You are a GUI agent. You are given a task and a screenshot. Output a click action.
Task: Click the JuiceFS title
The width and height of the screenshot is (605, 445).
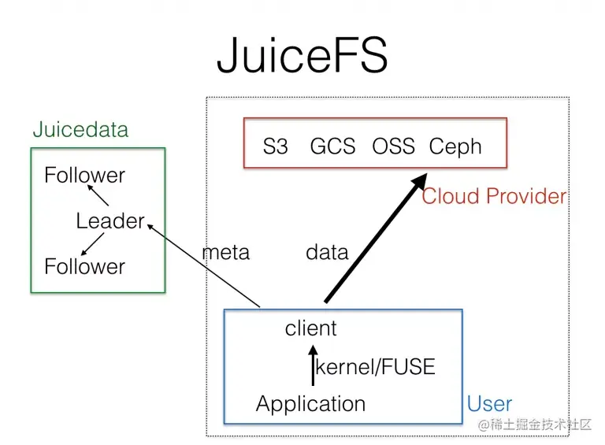(302, 56)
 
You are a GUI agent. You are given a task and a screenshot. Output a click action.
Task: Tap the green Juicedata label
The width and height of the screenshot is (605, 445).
(80, 130)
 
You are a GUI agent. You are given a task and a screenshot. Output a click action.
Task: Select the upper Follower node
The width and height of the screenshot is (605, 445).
(84, 175)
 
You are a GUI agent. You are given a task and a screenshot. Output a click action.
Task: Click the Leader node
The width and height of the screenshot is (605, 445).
(110, 221)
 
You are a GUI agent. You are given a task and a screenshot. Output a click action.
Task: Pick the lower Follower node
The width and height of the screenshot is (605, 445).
(84, 266)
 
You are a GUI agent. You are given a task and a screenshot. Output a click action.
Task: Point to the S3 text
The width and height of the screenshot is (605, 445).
(276, 146)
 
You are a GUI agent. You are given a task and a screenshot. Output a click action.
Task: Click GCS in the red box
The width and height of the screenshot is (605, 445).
(332, 146)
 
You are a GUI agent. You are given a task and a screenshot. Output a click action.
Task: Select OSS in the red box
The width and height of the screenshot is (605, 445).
(393, 146)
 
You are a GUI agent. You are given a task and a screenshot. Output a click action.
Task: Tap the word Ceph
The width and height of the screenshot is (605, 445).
(455, 146)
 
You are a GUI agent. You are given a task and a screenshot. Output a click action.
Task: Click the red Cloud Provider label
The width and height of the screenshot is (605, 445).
(494, 196)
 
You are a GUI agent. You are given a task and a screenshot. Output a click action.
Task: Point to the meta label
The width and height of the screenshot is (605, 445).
(226, 252)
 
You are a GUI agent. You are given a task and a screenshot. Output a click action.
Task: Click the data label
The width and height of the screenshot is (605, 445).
(327, 252)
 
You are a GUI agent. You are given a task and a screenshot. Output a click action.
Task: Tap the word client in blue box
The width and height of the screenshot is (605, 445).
(310, 328)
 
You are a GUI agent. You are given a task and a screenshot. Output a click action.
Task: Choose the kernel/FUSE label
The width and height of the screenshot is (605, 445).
(375, 367)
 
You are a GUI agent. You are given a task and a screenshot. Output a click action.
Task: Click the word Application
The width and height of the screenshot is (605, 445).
(310, 404)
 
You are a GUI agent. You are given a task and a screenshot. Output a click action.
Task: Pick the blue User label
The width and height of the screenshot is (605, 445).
(489, 405)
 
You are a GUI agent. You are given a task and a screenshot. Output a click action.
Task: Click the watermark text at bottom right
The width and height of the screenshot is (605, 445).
(534, 424)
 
